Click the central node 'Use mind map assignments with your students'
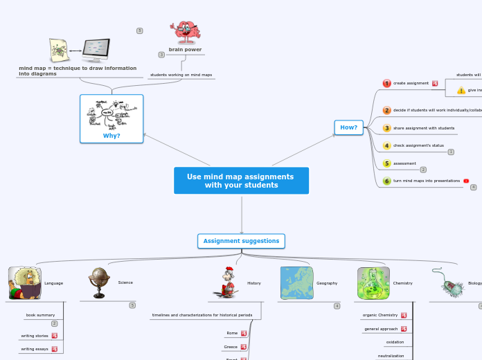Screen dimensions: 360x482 point(241,181)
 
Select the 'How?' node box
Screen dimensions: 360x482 point(348,127)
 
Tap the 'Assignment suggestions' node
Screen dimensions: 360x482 point(241,241)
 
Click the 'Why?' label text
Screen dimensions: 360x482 point(111,136)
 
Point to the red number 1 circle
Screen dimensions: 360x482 point(387,83)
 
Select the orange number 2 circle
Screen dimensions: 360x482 point(387,110)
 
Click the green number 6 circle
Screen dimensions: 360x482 point(387,181)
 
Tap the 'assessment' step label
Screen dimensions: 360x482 point(404,163)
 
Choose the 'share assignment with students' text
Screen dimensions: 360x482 point(424,128)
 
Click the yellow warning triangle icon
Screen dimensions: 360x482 point(461,90)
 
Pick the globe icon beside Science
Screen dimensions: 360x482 point(99,282)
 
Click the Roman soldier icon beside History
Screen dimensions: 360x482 point(226,282)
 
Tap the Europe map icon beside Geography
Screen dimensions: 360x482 point(296,283)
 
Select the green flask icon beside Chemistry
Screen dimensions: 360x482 point(373,283)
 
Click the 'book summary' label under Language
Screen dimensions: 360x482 point(40,315)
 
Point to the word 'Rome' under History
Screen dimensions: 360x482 point(232,333)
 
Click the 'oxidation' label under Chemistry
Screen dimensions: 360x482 point(395,342)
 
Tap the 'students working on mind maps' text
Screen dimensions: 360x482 point(181,74)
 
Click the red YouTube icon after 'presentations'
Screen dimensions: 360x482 point(466,181)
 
